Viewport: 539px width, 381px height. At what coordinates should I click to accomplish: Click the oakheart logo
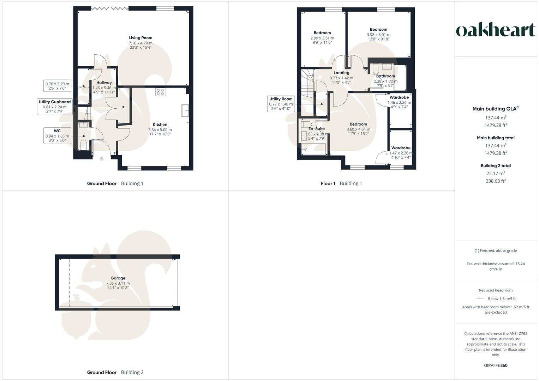496,30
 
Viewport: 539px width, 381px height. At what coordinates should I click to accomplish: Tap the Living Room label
140,38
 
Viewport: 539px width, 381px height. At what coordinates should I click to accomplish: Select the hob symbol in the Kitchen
160,92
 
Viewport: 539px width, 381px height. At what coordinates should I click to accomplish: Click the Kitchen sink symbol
185,110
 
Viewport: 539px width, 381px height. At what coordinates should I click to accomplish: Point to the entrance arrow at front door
102,159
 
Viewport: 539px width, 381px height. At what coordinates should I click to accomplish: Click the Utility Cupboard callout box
55,107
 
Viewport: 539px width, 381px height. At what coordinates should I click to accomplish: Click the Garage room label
118,278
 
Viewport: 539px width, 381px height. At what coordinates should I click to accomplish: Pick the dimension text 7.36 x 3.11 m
118,283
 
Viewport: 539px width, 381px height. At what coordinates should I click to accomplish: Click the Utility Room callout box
281,104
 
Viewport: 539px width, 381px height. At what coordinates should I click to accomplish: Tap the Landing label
341,73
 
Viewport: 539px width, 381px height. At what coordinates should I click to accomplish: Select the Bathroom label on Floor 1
385,76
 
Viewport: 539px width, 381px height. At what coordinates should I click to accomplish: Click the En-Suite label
317,129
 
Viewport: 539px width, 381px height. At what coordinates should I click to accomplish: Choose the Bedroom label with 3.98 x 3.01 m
378,30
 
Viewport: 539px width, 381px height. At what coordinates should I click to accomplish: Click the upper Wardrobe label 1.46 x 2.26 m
399,97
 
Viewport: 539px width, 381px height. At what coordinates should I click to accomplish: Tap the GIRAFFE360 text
496,365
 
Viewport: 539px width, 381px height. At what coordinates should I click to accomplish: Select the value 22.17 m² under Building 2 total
496,173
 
